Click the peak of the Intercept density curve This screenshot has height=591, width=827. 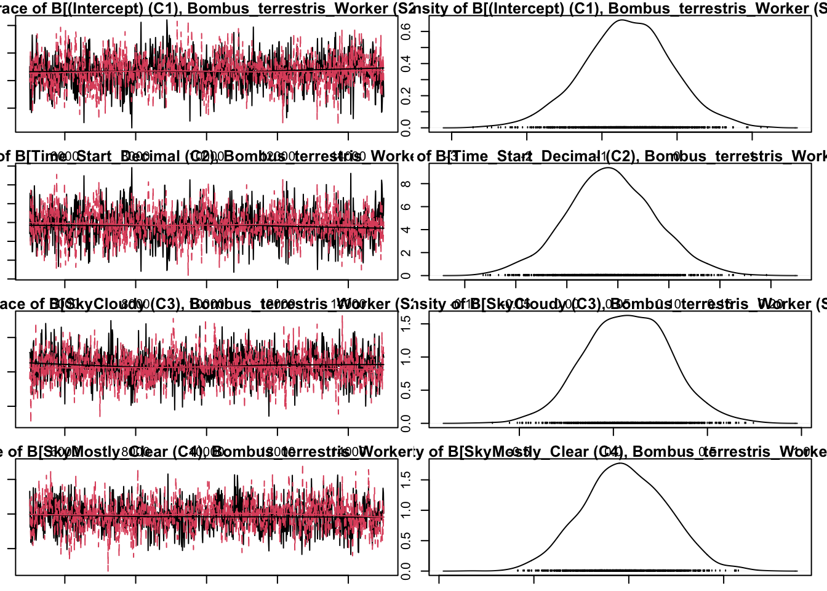(x=621, y=20)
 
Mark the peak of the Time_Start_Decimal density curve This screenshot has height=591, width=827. (x=608, y=167)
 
